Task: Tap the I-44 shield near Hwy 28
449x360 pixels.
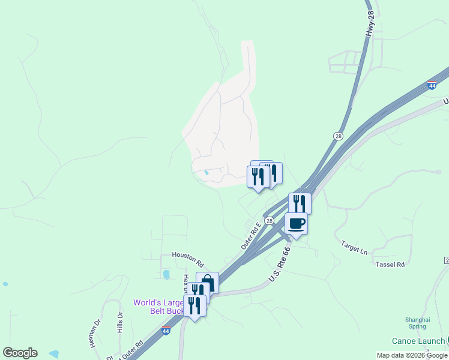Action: (432, 86)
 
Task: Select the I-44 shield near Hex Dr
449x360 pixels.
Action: (166, 331)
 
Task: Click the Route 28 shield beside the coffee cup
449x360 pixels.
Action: (270, 221)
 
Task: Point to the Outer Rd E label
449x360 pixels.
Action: (251, 236)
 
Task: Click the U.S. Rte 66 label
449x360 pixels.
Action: (280, 265)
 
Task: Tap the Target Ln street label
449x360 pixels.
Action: (354, 247)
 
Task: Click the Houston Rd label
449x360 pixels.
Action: (188, 259)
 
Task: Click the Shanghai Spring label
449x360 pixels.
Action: (417, 323)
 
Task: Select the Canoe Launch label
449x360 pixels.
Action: (419, 341)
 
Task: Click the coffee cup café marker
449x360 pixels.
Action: (296, 224)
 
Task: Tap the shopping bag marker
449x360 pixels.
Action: (207, 282)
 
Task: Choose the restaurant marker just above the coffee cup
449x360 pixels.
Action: (300, 203)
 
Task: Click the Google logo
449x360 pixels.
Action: (20, 353)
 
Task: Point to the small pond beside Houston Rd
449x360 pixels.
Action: (166, 275)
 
